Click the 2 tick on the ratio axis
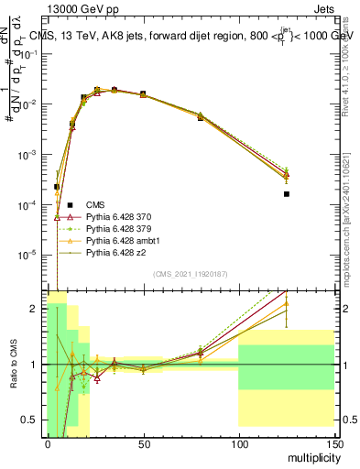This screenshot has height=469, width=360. [x=39, y=309]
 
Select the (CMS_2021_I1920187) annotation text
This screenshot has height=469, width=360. [x=190, y=275]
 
